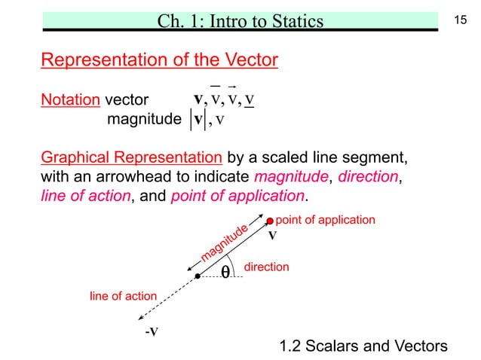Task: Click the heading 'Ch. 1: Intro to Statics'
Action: (240, 20)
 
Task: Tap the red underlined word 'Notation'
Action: (69, 99)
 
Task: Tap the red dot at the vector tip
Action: (270, 221)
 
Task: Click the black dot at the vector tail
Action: (197, 276)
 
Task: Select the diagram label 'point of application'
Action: (325, 220)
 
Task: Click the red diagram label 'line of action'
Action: (124, 297)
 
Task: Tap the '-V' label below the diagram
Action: (151, 331)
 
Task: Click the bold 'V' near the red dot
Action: (273, 235)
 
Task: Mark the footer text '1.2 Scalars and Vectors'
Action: (363, 346)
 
